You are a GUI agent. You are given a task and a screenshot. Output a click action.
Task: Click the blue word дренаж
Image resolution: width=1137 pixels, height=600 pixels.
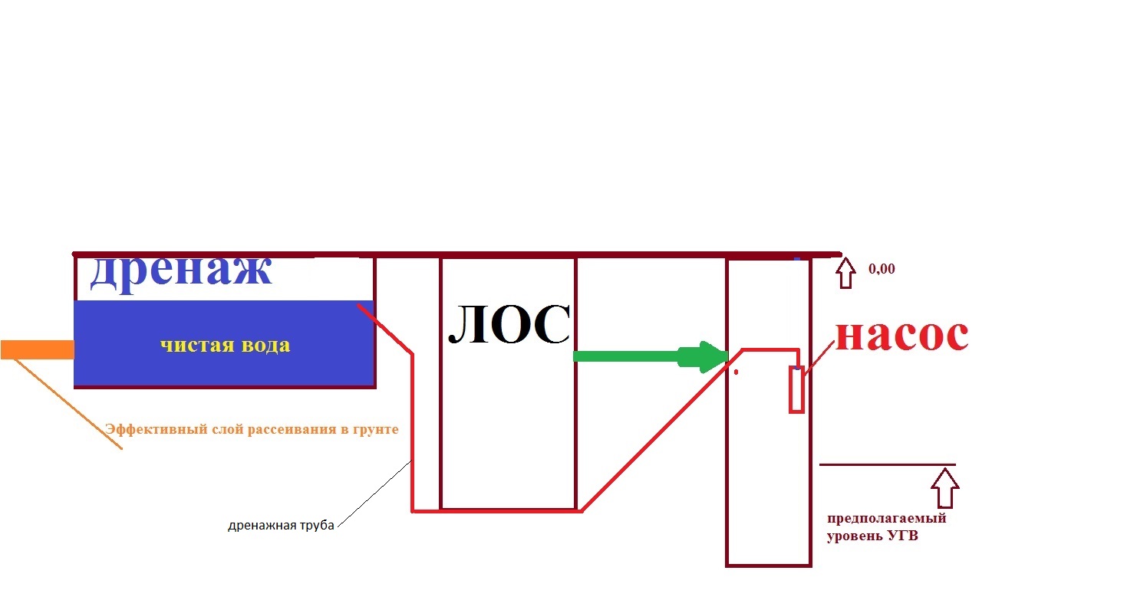(181, 274)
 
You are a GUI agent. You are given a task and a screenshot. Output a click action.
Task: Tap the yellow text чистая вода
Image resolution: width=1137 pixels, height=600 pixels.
(226, 346)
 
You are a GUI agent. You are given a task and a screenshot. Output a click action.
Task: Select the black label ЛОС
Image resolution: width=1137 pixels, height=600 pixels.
(509, 325)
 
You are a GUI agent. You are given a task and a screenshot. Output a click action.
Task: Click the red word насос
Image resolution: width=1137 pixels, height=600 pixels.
(902, 335)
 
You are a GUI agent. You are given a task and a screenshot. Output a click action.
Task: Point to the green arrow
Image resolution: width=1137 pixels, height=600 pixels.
(651, 356)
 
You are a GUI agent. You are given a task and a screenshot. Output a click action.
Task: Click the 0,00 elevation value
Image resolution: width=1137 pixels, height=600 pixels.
(882, 269)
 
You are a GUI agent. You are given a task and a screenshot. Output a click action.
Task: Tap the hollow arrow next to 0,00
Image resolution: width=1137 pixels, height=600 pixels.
(845, 273)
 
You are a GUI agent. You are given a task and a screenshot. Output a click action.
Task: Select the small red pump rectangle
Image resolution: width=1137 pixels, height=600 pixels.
(796, 389)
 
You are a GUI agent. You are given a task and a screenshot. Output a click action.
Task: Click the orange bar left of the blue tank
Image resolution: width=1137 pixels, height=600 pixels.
(37, 350)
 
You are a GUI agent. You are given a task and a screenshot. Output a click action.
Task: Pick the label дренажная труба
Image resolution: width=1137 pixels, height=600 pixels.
(282, 526)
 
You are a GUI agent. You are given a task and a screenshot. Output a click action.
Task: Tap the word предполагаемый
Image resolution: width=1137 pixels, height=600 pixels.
(887, 519)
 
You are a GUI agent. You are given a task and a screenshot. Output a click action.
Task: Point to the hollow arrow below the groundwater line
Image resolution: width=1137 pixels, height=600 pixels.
(944, 488)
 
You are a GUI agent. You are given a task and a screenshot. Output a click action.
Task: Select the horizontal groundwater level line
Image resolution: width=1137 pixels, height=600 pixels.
(888, 464)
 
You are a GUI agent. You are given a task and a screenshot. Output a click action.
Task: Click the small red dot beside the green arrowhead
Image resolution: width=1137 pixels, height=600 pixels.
(737, 372)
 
